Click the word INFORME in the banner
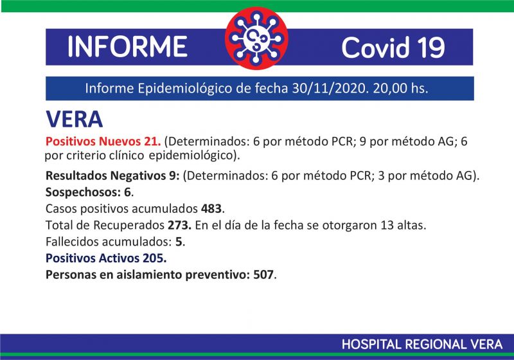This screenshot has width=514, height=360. [x=127, y=46]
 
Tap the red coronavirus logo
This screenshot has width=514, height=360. [x=256, y=39]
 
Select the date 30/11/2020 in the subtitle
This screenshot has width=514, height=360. [x=329, y=88]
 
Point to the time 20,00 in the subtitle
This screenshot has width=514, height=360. [x=389, y=88]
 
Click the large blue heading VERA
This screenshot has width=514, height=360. [x=74, y=119]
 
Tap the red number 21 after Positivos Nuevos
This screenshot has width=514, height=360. [x=151, y=141]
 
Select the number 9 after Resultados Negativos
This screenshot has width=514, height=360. [x=172, y=175]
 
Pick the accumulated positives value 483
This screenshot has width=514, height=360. [x=211, y=208]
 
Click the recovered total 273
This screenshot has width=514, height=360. [x=179, y=225]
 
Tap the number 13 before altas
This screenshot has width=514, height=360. [x=387, y=225]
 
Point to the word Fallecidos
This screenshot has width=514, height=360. [x=72, y=242]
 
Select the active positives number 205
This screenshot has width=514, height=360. [x=153, y=258]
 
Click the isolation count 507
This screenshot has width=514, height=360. [x=263, y=274]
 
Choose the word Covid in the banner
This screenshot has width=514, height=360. [x=375, y=47]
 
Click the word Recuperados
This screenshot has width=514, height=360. [x=129, y=226]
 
